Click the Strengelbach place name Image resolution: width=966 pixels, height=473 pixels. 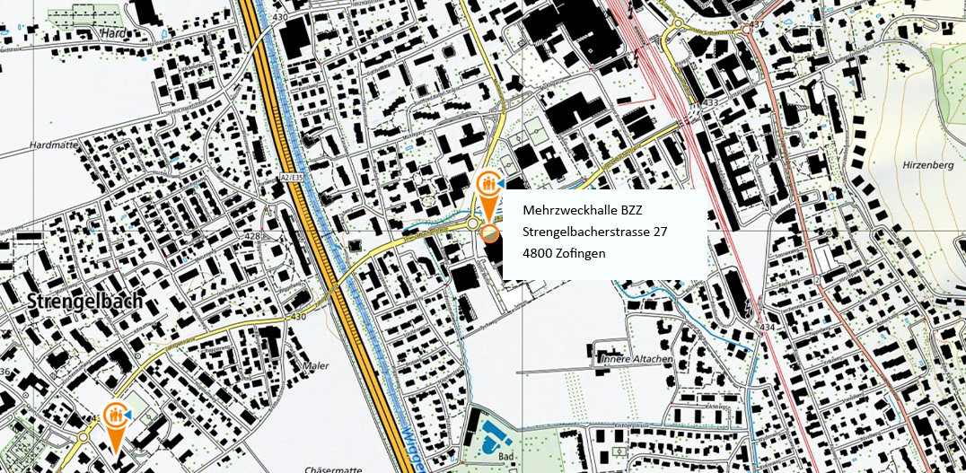click(x=84, y=302)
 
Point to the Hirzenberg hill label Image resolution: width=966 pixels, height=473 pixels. click(x=925, y=166)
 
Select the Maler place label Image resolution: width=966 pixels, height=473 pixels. click(x=315, y=366)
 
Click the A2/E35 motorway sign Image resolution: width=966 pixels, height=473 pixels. click(x=289, y=179)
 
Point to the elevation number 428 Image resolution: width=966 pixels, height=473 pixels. click(x=252, y=237)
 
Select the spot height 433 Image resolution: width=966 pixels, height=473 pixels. click(x=712, y=104)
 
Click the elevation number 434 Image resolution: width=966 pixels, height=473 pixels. click(x=766, y=328)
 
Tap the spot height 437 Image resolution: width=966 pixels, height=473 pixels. click(x=759, y=23)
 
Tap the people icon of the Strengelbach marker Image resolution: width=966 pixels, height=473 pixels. click(x=115, y=416)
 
